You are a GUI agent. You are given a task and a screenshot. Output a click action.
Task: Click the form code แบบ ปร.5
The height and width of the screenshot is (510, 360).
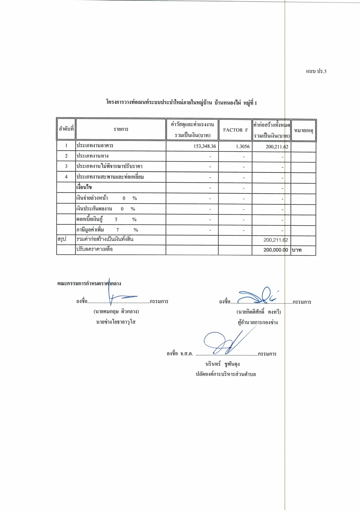click(x=316, y=71)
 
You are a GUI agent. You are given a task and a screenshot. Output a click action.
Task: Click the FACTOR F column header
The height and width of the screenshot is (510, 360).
click(x=235, y=130)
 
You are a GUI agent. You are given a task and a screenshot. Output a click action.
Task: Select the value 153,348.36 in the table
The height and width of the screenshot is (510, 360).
click(x=204, y=146)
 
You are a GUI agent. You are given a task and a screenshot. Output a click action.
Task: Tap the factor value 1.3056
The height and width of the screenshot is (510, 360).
click(x=243, y=146)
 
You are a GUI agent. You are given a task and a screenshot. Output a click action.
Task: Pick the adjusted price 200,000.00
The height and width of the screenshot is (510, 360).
click(x=275, y=250)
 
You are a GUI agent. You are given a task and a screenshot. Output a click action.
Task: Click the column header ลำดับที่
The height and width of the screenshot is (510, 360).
click(x=66, y=129)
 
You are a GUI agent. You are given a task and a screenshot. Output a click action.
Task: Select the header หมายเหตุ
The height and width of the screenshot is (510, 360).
click(x=303, y=130)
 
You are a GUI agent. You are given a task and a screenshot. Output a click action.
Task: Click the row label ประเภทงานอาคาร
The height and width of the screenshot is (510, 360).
click(x=95, y=146)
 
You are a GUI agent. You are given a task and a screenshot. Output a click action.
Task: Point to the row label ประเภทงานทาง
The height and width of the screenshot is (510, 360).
click(x=92, y=156)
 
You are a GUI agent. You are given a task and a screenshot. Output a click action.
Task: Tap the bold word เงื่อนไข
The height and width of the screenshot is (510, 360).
click(x=84, y=187)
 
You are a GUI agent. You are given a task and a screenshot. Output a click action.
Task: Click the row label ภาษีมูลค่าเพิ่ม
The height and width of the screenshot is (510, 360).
click(x=90, y=230)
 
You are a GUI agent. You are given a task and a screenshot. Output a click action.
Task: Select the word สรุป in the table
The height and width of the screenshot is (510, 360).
click(x=62, y=239)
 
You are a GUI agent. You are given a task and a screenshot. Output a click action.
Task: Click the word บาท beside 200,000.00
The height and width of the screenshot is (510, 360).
click(x=296, y=250)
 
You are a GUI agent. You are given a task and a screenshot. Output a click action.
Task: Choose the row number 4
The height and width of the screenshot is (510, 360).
click(x=66, y=177)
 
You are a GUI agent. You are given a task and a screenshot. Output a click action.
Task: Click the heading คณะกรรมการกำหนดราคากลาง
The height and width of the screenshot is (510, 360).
click(x=89, y=283)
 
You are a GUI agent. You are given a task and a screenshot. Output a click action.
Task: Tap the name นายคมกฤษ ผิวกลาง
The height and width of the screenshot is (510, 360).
click(x=116, y=312)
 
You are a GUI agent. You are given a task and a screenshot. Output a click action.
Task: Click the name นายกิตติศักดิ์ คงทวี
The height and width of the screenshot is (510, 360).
click(x=259, y=312)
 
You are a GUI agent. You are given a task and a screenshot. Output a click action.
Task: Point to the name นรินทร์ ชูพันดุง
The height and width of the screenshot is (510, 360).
click(x=222, y=364)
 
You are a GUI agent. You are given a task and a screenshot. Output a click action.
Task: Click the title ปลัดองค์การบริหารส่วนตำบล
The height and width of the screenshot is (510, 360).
click(x=226, y=374)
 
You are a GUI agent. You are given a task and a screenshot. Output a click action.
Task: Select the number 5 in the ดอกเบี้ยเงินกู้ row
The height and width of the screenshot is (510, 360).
click(x=116, y=219)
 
